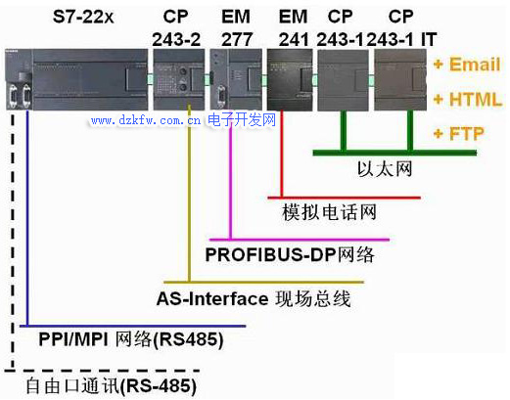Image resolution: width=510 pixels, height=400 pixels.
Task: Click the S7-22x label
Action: [83, 17]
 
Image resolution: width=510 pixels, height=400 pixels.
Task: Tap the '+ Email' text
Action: [467, 64]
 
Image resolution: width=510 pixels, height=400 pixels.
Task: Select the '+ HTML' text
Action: [467, 99]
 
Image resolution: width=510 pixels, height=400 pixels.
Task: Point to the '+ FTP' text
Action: [459, 134]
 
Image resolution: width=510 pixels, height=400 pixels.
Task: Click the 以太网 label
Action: [385, 169]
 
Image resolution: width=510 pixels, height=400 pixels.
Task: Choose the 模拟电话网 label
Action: [329, 212]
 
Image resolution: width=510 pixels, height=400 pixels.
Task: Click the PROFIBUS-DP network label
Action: [290, 254]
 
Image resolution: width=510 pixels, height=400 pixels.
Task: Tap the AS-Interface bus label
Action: [254, 298]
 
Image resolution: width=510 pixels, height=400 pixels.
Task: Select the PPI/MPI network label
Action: [131, 339]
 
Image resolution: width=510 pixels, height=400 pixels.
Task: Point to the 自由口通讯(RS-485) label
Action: [112, 386]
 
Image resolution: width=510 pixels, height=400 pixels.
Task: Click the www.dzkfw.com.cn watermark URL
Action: [146, 120]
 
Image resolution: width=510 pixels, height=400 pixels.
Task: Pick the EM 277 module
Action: [236, 79]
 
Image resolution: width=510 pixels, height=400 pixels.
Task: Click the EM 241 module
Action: [290, 79]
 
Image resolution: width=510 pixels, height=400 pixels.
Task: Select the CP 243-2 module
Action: [179, 79]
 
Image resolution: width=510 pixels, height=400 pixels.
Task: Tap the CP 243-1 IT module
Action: [400, 79]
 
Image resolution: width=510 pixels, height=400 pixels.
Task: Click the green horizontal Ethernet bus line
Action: [394, 153]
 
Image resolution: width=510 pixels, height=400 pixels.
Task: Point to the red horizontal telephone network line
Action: [344, 198]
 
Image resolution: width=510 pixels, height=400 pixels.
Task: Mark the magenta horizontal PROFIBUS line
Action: [300, 240]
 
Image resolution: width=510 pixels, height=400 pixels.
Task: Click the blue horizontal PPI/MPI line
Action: [132, 326]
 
